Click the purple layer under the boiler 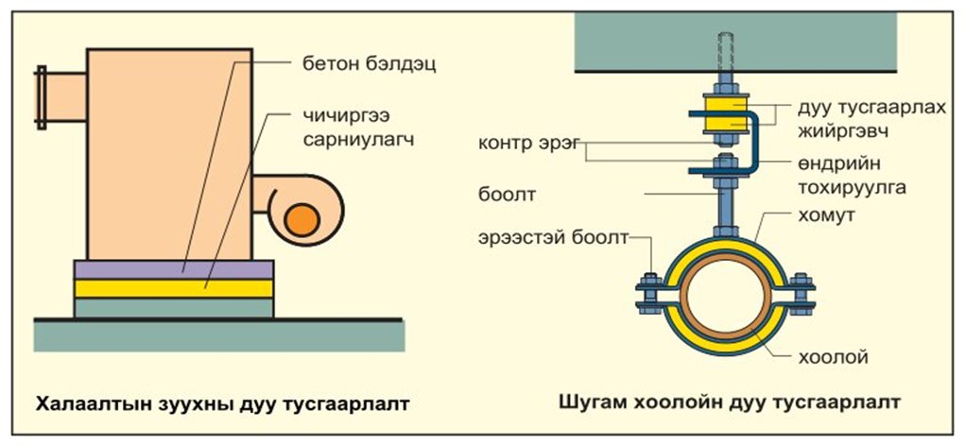(x=173, y=268)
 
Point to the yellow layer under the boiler (x=173, y=288)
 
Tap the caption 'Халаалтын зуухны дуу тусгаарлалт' (x=223, y=404)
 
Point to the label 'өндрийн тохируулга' (x=849, y=176)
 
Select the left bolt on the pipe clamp (x=648, y=292)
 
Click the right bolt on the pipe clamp (x=802, y=292)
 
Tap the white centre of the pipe (x=725, y=301)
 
